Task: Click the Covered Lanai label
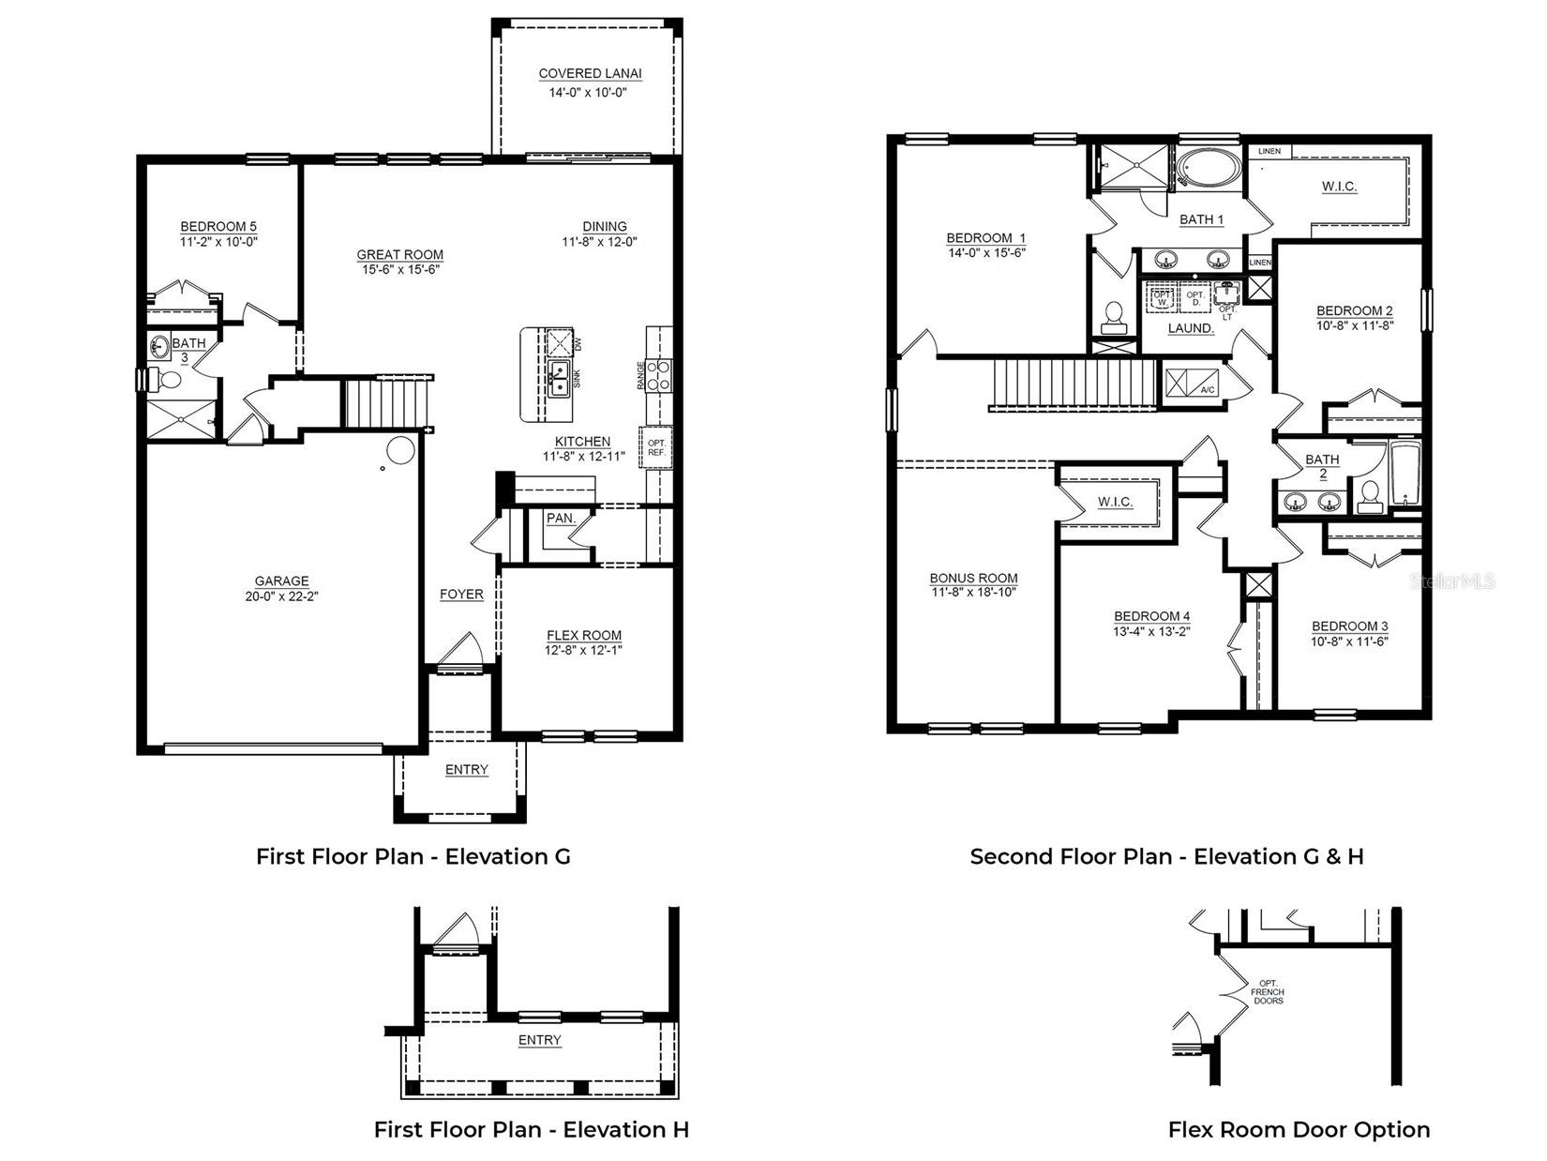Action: coord(590,74)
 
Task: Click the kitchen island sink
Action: coord(558,377)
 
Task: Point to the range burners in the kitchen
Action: coord(659,375)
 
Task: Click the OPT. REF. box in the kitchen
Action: coord(655,447)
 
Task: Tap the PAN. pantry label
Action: coord(561,518)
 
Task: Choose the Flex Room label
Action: coord(583,635)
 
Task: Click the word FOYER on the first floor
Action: coord(461,595)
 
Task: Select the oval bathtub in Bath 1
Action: coord(1208,171)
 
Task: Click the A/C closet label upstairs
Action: coord(1209,389)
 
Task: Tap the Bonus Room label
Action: coord(973,579)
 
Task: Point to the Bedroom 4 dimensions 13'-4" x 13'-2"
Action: coord(1151,631)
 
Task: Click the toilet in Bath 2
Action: coord(1370,495)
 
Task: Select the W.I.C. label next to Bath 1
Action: coord(1339,187)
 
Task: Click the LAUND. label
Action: coord(1191,328)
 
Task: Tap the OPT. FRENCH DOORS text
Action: coord(1268,992)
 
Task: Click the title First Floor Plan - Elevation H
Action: coord(531,1129)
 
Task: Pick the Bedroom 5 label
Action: coord(218,226)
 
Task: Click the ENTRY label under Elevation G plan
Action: coord(466,770)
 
